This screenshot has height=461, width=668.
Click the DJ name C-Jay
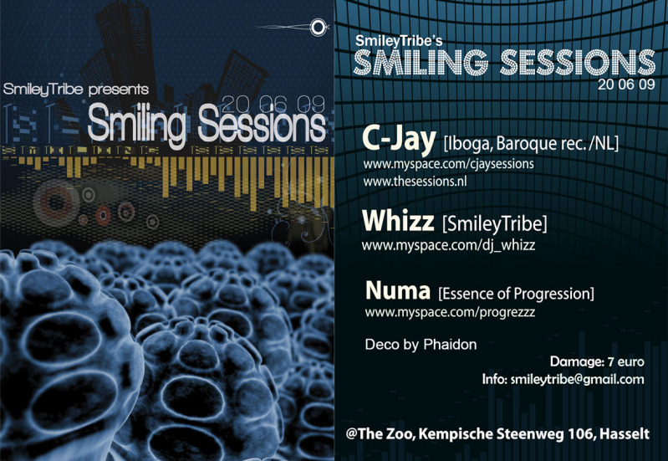399,140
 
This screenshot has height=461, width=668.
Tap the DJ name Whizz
398,221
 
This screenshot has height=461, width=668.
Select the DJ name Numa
398,291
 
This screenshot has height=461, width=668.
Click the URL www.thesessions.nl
415,182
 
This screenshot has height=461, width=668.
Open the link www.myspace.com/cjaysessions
448,164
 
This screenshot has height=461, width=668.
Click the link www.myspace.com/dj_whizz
448,246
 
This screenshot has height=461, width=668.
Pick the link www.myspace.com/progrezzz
450,312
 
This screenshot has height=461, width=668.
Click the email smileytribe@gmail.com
577,379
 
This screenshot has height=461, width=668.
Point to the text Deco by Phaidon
421,345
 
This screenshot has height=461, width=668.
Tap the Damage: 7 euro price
597,361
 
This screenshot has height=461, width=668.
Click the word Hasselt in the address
625,434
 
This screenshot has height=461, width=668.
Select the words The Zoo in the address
385,434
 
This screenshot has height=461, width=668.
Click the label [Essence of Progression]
516,294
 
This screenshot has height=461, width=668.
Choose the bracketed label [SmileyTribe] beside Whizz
495,224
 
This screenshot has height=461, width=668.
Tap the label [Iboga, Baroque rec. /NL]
531,143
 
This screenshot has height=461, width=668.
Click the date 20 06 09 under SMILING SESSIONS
626,85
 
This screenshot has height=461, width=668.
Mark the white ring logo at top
318,28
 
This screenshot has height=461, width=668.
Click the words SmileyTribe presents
76,90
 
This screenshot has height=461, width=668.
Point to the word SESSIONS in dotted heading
578,62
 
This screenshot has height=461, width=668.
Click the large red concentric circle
56,202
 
